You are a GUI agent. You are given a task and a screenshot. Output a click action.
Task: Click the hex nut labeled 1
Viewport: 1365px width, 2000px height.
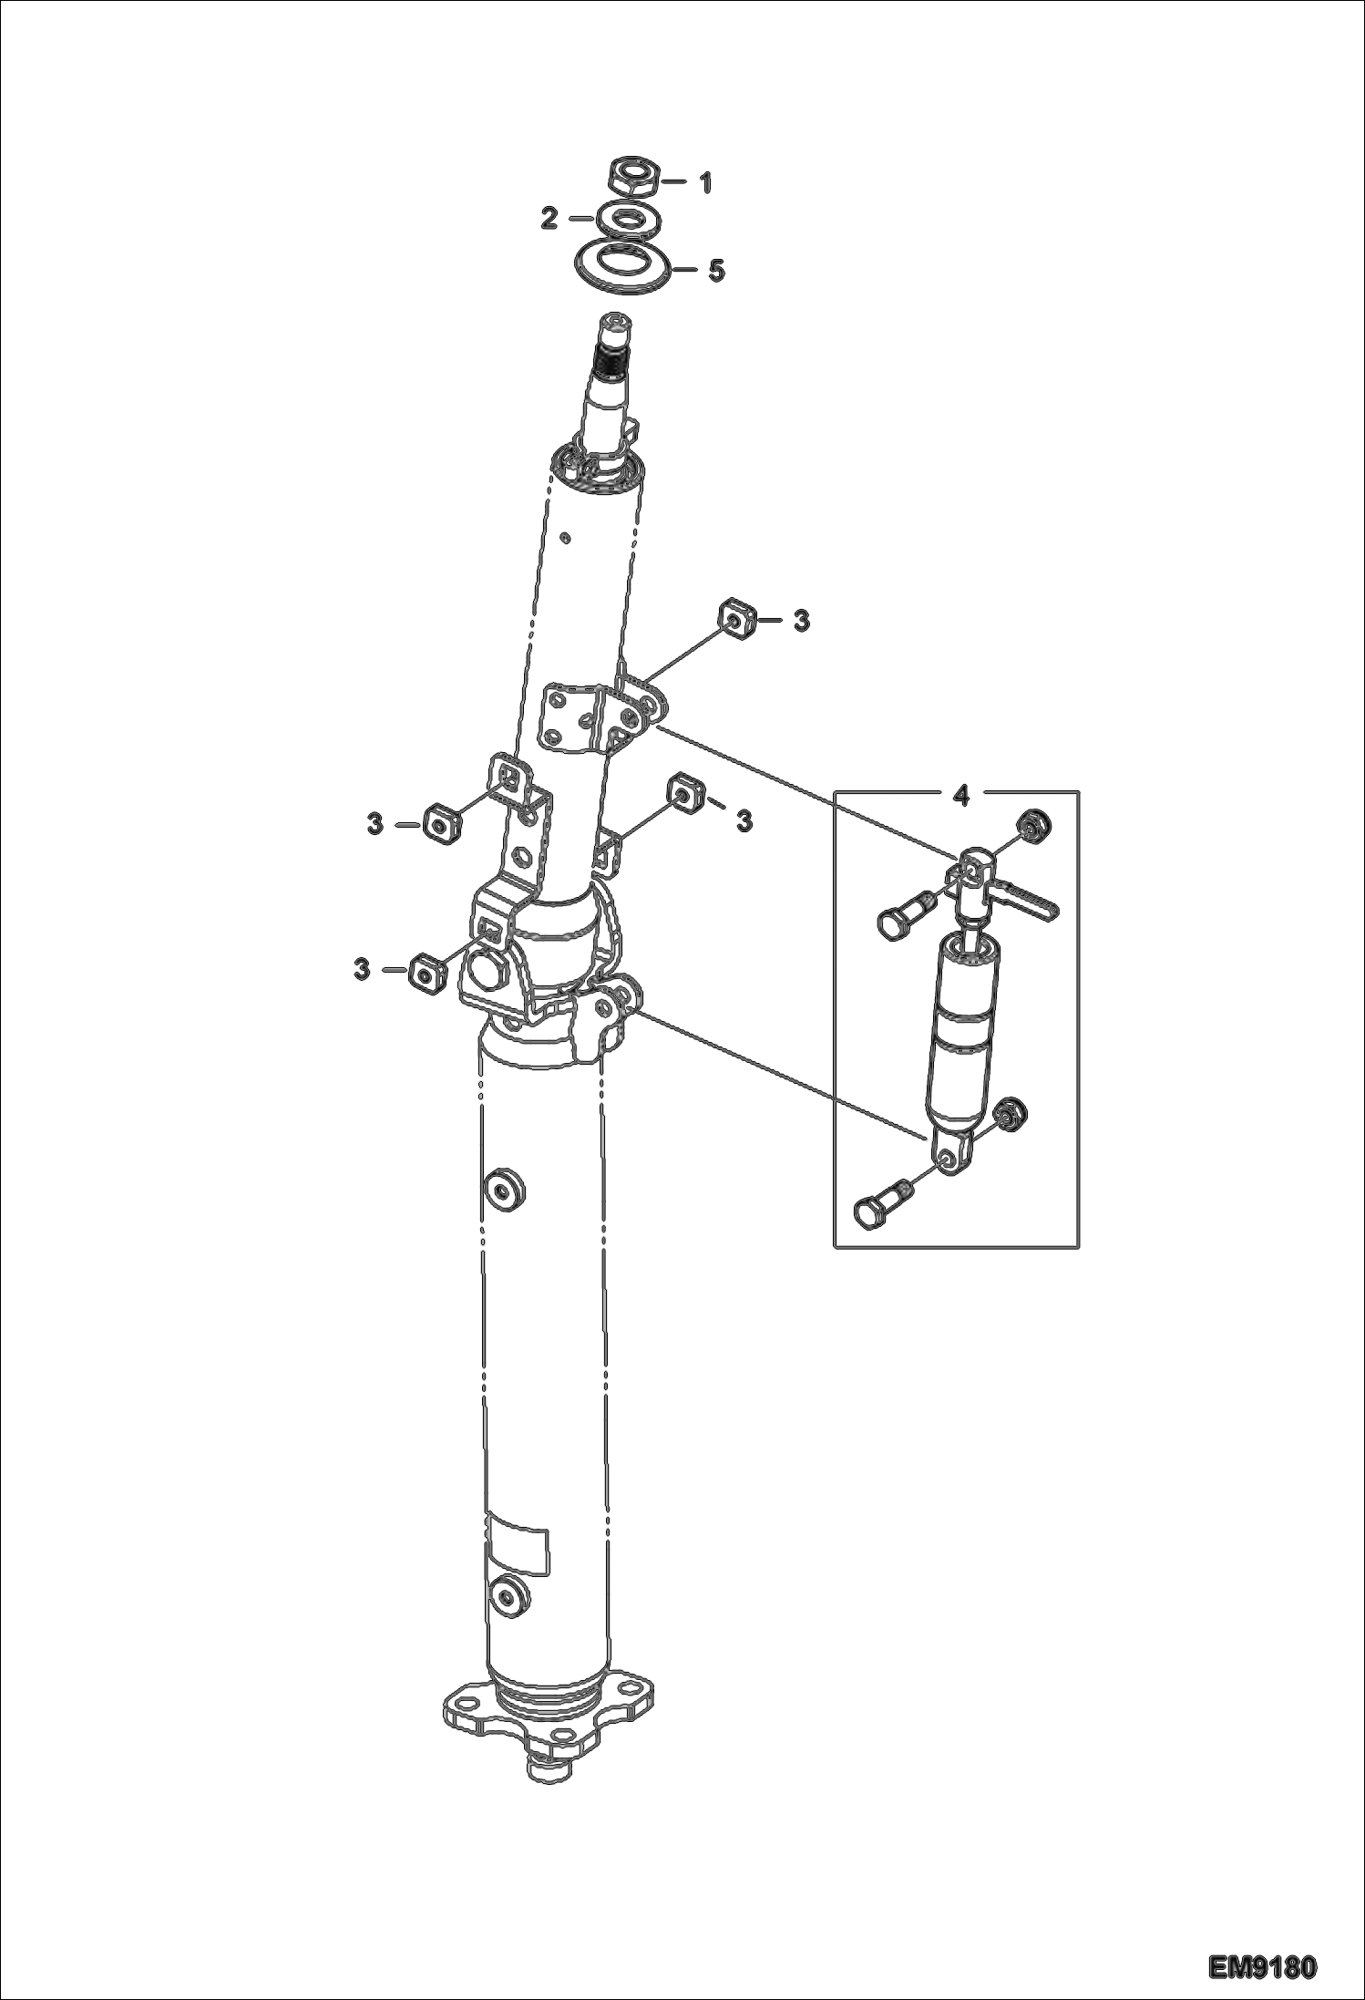(631, 178)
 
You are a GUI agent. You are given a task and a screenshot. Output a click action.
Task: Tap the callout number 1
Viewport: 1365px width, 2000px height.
(704, 183)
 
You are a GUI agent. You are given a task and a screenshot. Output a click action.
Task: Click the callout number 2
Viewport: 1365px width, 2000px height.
(549, 219)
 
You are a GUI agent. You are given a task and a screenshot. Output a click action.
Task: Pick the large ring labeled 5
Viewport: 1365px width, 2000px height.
(621, 268)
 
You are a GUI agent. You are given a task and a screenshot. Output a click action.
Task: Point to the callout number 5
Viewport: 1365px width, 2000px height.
(716, 271)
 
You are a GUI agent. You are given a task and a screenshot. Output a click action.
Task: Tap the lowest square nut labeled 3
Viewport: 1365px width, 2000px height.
(425, 973)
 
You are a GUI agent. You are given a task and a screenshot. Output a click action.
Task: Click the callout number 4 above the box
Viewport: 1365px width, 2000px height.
(960, 796)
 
